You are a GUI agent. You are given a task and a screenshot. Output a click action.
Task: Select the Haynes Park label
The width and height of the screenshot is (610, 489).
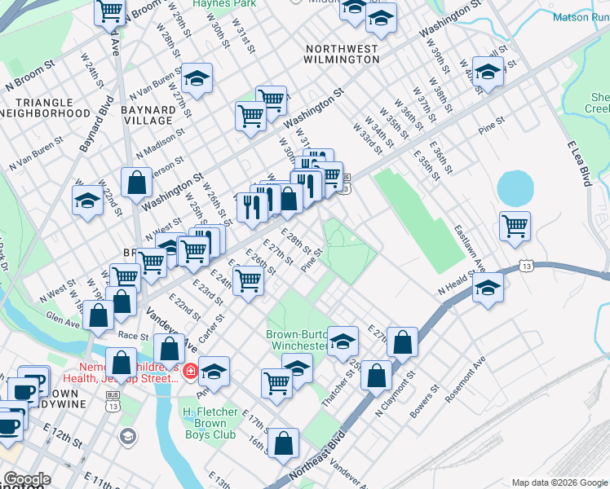click(214, 4)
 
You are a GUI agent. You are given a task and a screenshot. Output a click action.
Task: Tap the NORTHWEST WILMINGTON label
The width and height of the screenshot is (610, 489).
click(341, 54)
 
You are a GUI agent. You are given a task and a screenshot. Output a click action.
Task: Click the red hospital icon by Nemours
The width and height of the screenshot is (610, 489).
click(190, 372)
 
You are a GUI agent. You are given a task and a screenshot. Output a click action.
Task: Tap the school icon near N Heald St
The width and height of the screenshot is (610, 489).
click(488, 288)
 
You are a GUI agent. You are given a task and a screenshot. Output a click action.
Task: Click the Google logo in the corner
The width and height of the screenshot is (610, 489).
click(27, 479)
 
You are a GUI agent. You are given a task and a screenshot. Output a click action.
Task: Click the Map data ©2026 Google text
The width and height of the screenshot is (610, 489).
click(559, 482)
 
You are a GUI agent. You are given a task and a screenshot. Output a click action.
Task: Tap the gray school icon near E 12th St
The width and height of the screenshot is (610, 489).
click(127, 437)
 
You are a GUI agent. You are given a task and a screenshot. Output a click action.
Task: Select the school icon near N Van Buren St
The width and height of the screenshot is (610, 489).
click(197, 78)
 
